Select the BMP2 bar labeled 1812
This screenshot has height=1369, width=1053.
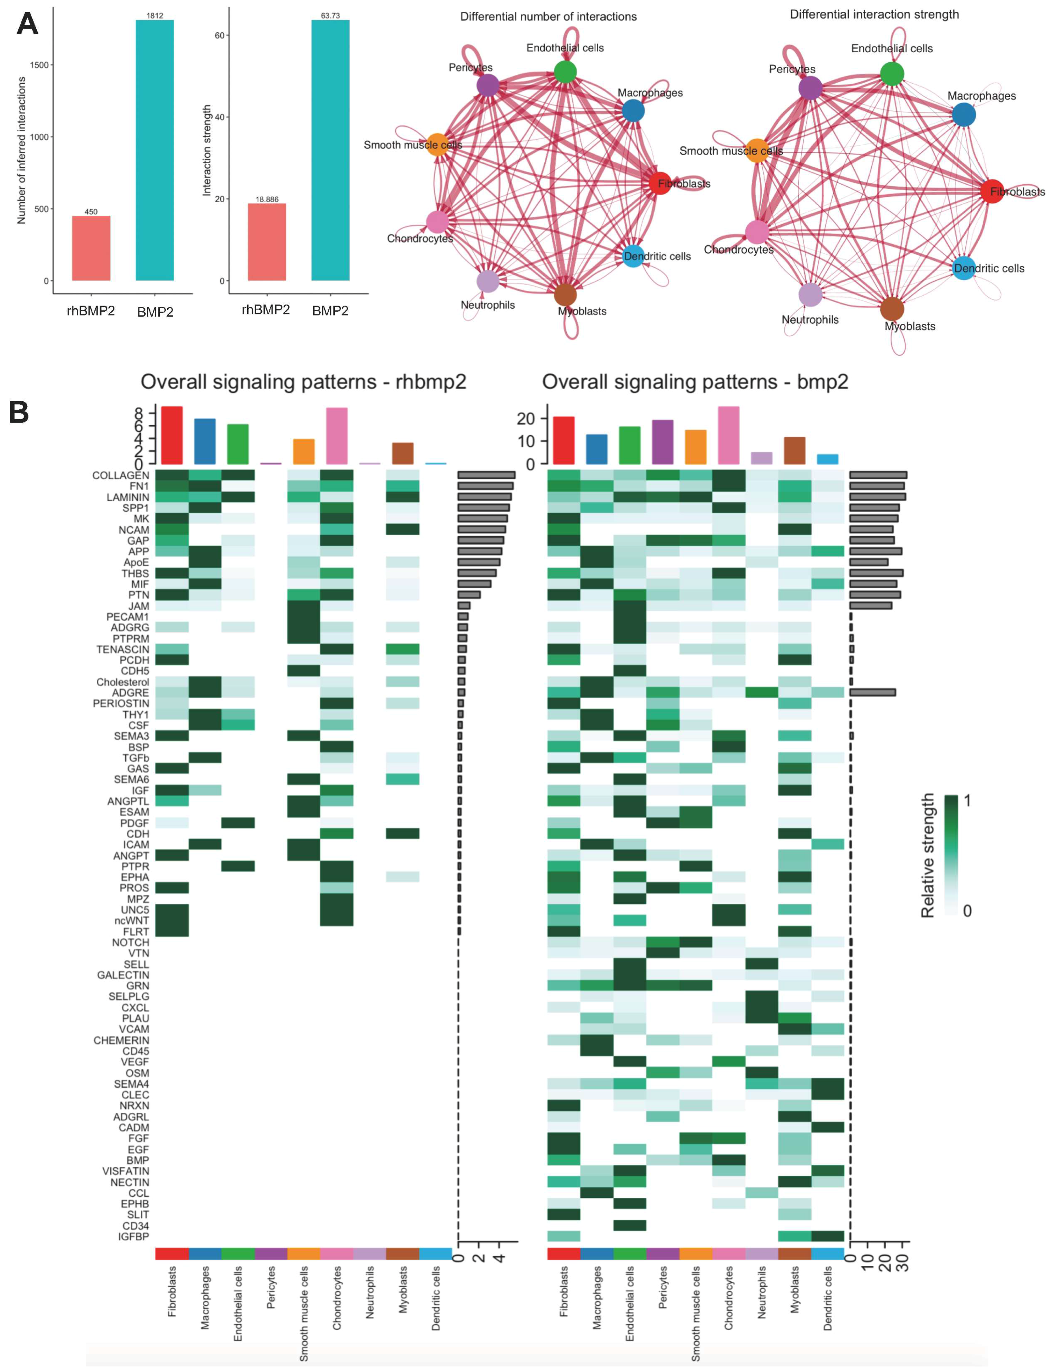(155, 150)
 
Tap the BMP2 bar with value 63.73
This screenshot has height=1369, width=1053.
(330, 150)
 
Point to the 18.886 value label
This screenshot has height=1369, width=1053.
(267, 199)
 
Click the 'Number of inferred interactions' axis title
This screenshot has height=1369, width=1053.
(22, 150)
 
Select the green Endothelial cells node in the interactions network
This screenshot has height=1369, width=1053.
(565, 71)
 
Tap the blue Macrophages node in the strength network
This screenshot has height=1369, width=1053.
(963, 115)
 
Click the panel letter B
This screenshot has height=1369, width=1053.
(19, 412)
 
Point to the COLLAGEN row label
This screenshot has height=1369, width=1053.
(121, 475)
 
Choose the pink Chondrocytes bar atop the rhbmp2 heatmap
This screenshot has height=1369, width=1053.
(336, 436)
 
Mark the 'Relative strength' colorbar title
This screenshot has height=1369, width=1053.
(927, 856)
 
